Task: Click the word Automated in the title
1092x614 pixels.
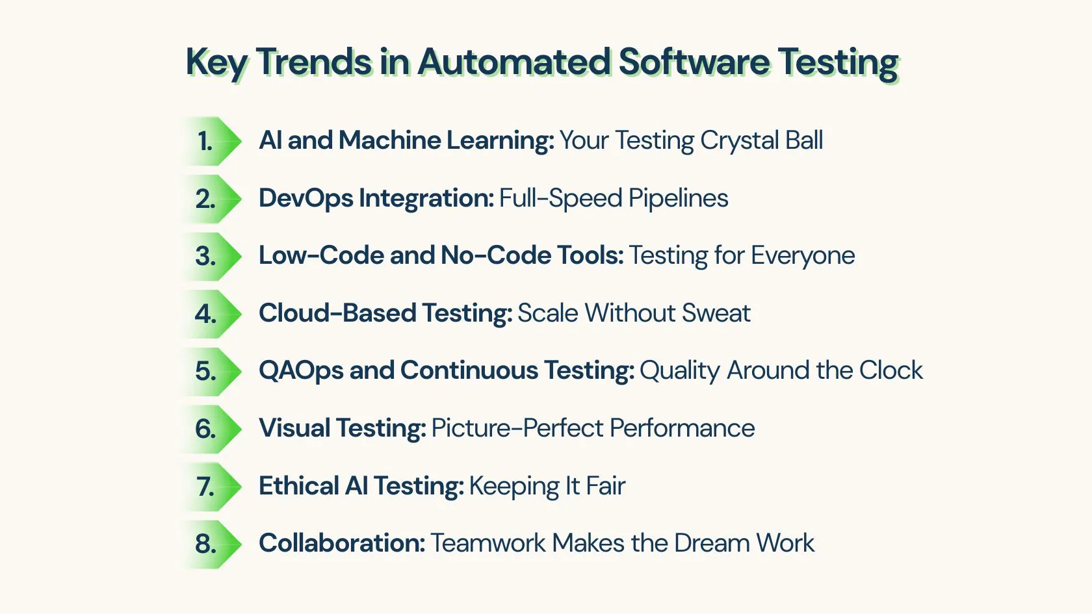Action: click(513, 62)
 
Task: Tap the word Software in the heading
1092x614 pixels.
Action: click(693, 62)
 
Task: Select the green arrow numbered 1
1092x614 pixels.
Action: click(211, 142)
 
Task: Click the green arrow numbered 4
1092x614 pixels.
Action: click(211, 314)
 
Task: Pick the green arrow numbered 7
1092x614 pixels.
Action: click(211, 487)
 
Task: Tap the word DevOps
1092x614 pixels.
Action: click(306, 199)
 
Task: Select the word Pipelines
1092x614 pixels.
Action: click(678, 199)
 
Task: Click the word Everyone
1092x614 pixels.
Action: click(803, 256)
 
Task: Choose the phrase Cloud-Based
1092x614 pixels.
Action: click(337, 313)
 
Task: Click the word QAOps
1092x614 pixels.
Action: click(302, 371)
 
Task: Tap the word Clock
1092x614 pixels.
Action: click(890, 370)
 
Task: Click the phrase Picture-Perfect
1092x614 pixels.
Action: click(517, 428)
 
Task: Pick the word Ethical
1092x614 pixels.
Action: click(299, 486)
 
